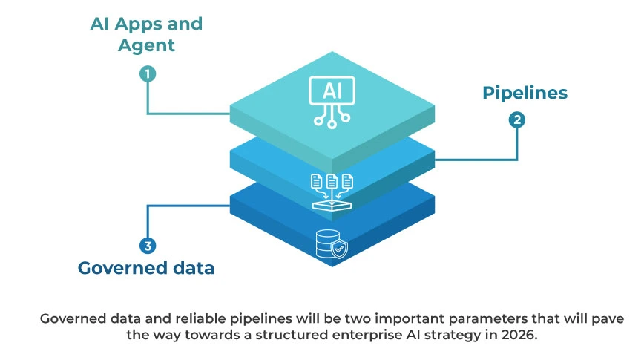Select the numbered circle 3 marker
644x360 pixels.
147,246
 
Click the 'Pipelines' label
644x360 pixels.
525,93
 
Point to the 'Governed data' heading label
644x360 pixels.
146,268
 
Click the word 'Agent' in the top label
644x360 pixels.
146,45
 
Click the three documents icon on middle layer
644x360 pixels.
332,181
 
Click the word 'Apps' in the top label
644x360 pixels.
144,24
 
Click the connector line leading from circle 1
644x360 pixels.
185,114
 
